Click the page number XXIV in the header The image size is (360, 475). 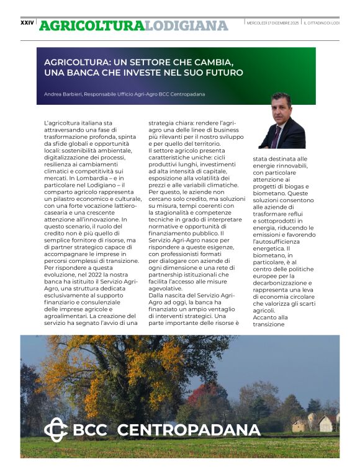point(27,22)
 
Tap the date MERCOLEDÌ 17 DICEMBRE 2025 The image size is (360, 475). point(273,23)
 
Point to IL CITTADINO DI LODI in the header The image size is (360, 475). point(322,23)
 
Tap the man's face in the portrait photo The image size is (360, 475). point(281,106)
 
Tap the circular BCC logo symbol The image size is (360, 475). point(55,430)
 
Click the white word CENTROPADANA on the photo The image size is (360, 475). point(188,430)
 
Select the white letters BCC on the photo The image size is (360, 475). point(90,430)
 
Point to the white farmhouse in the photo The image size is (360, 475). point(324,424)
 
